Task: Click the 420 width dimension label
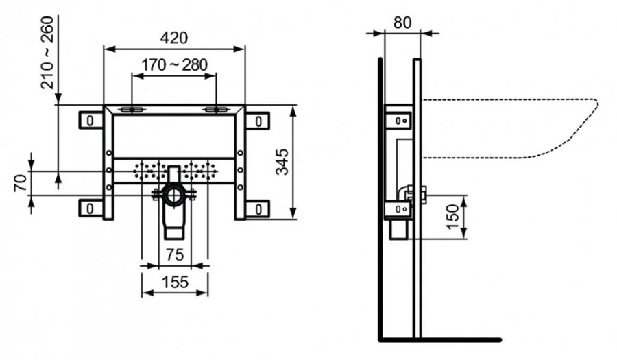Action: (x=174, y=37)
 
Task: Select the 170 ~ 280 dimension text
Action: (x=174, y=65)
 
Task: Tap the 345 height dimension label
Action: (x=282, y=162)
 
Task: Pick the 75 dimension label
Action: (x=174, y=254)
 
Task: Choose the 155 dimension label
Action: (x=174, y=283)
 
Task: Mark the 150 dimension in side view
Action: (x=453, y=217)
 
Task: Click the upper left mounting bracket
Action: (x=90, y=120)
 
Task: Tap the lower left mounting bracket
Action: (x=90, y=207)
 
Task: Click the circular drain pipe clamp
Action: (x=174, y=196)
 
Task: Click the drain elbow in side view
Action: (x=409, y=193)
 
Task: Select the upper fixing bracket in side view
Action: (x=399, y=120)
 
